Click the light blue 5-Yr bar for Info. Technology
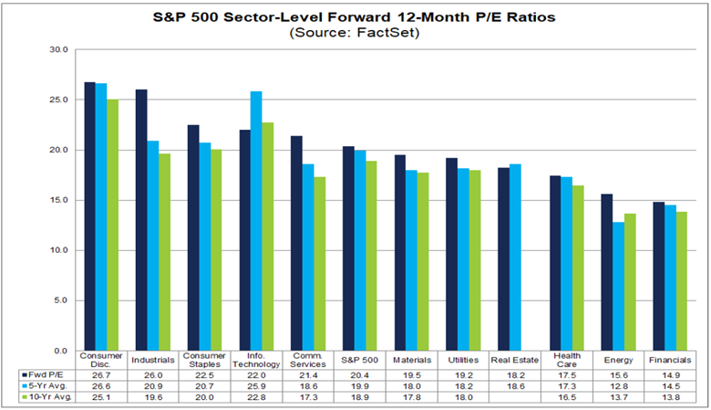[x=256, y=221]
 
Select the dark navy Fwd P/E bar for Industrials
[x=141, y=220]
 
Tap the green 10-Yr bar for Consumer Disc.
[x=112, y=226]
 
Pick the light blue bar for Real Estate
[x=515, y=258]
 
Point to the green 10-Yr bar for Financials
[x=682, y=281]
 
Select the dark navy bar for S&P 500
[x=348, y=248]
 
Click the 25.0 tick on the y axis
[x=59, y=100]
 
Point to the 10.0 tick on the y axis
[x=59, y=250]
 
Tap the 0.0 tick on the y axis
[x=61, y=351]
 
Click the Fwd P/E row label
[x=43, y=375]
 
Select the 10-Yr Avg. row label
[x=44, y=397]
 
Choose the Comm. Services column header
[x=308, y=360]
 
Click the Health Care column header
[x=567, y=360]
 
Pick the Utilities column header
[x=463, y=360]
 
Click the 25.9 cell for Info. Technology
[x=256, y=386]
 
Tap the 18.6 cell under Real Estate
[x=515, y=386]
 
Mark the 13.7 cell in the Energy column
[x=619, y=397]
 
